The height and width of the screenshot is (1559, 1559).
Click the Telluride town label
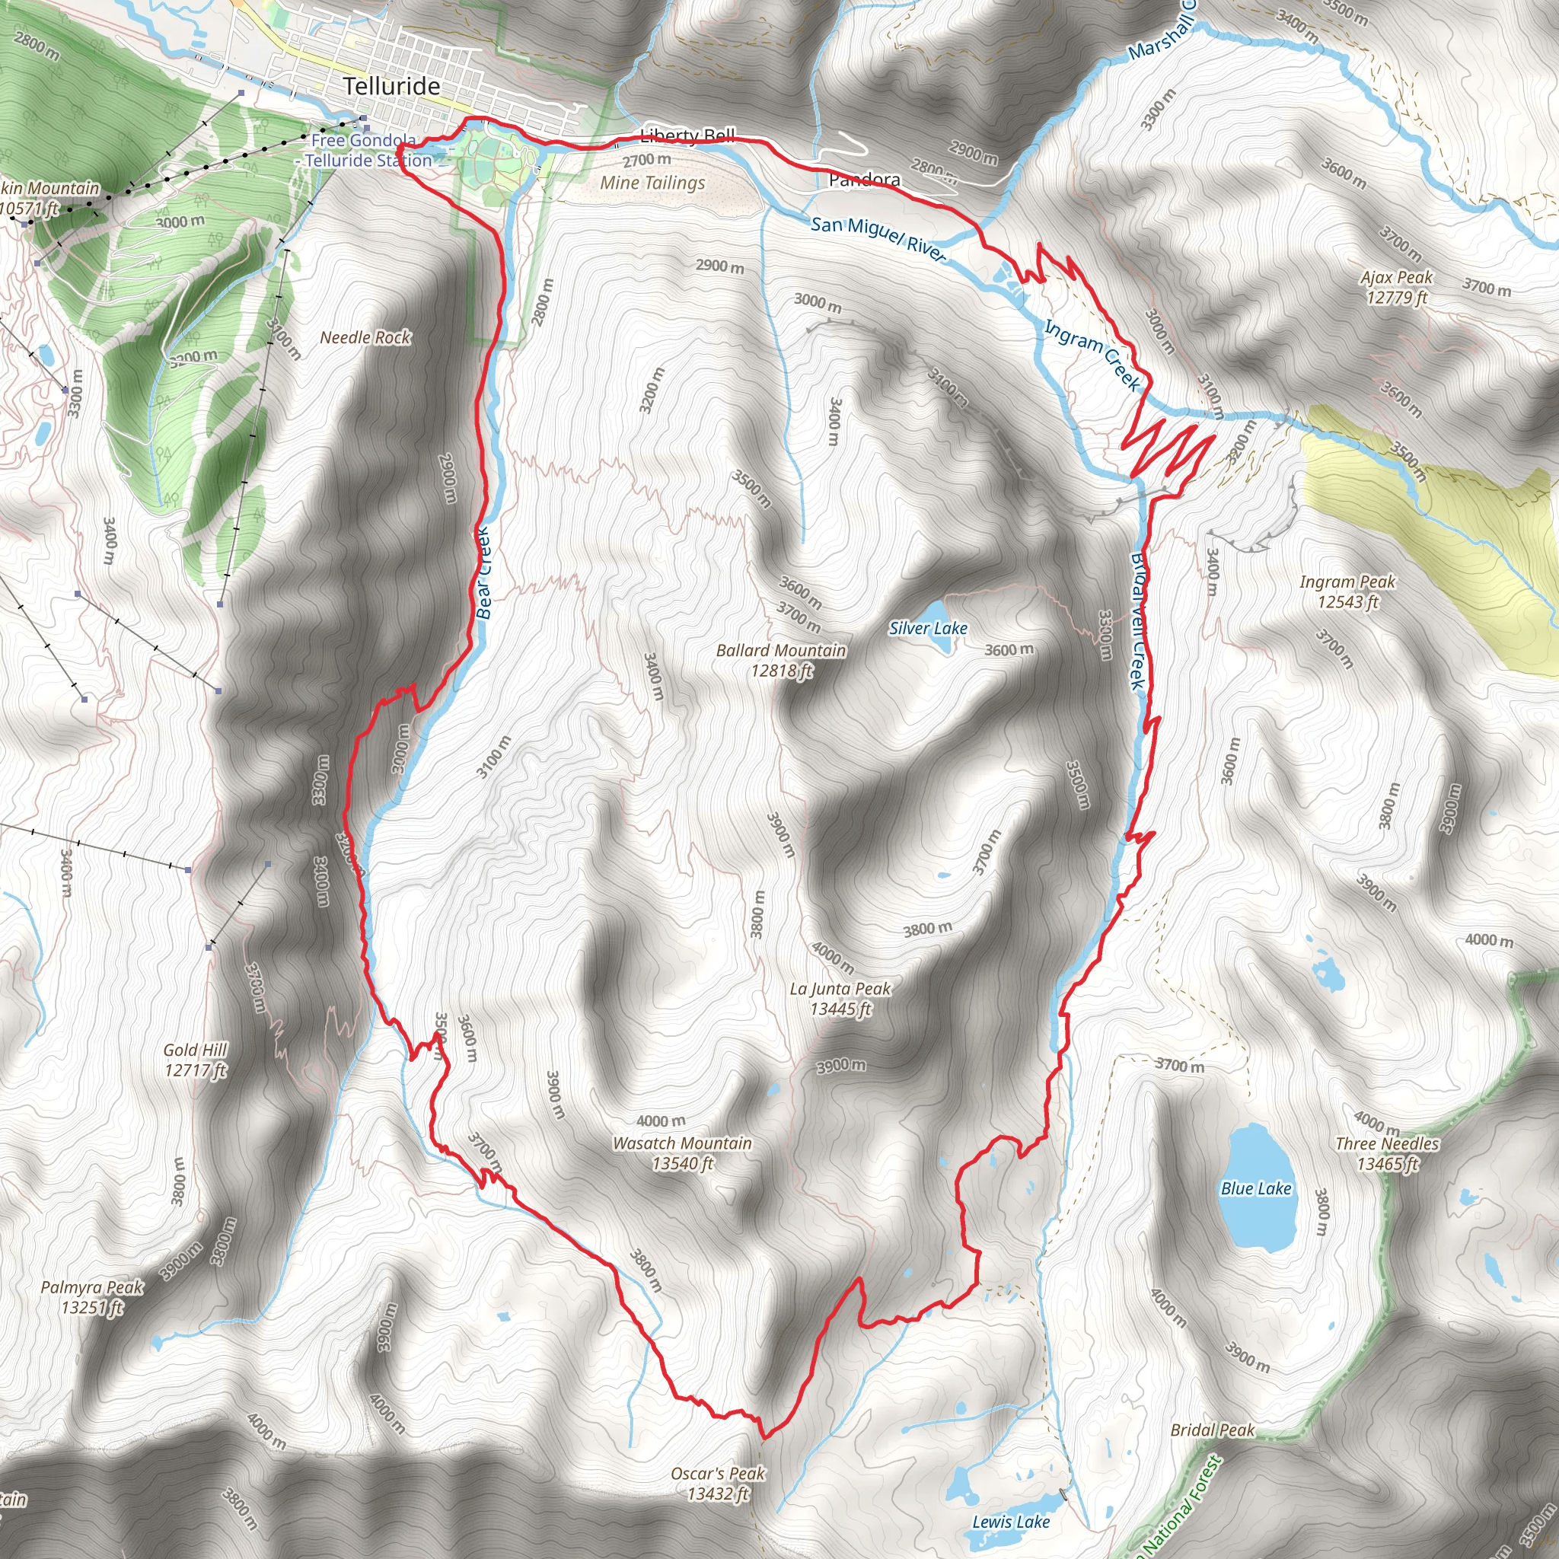point(391,86)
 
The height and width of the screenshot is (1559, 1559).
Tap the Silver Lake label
point(928,628)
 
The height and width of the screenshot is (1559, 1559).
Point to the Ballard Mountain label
point(781,660)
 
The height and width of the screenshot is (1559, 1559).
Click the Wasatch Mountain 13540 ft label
point(682,1153)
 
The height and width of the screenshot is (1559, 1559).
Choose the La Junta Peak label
point(840,998)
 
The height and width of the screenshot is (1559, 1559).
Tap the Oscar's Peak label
point(717,1483)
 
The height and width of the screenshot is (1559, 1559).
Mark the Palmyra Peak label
point(92,1296)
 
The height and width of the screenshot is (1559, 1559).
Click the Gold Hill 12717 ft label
point(196,1060)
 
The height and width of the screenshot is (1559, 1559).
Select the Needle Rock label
point(365,337)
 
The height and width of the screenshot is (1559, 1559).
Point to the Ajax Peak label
point(1397,287)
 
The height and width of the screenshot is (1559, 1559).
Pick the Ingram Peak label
point(1347,591)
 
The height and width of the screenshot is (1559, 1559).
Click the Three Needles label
point(1387,1153)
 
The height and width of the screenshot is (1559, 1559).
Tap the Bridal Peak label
point(1212,1430)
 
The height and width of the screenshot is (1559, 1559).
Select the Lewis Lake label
point(1010,1522)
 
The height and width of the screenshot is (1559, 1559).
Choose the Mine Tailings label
point(652,183)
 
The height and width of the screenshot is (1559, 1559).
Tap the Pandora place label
point(864,179)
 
